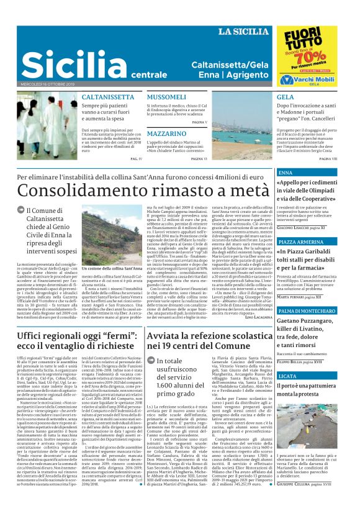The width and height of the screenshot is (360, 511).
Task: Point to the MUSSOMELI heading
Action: [x=166, y=98]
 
